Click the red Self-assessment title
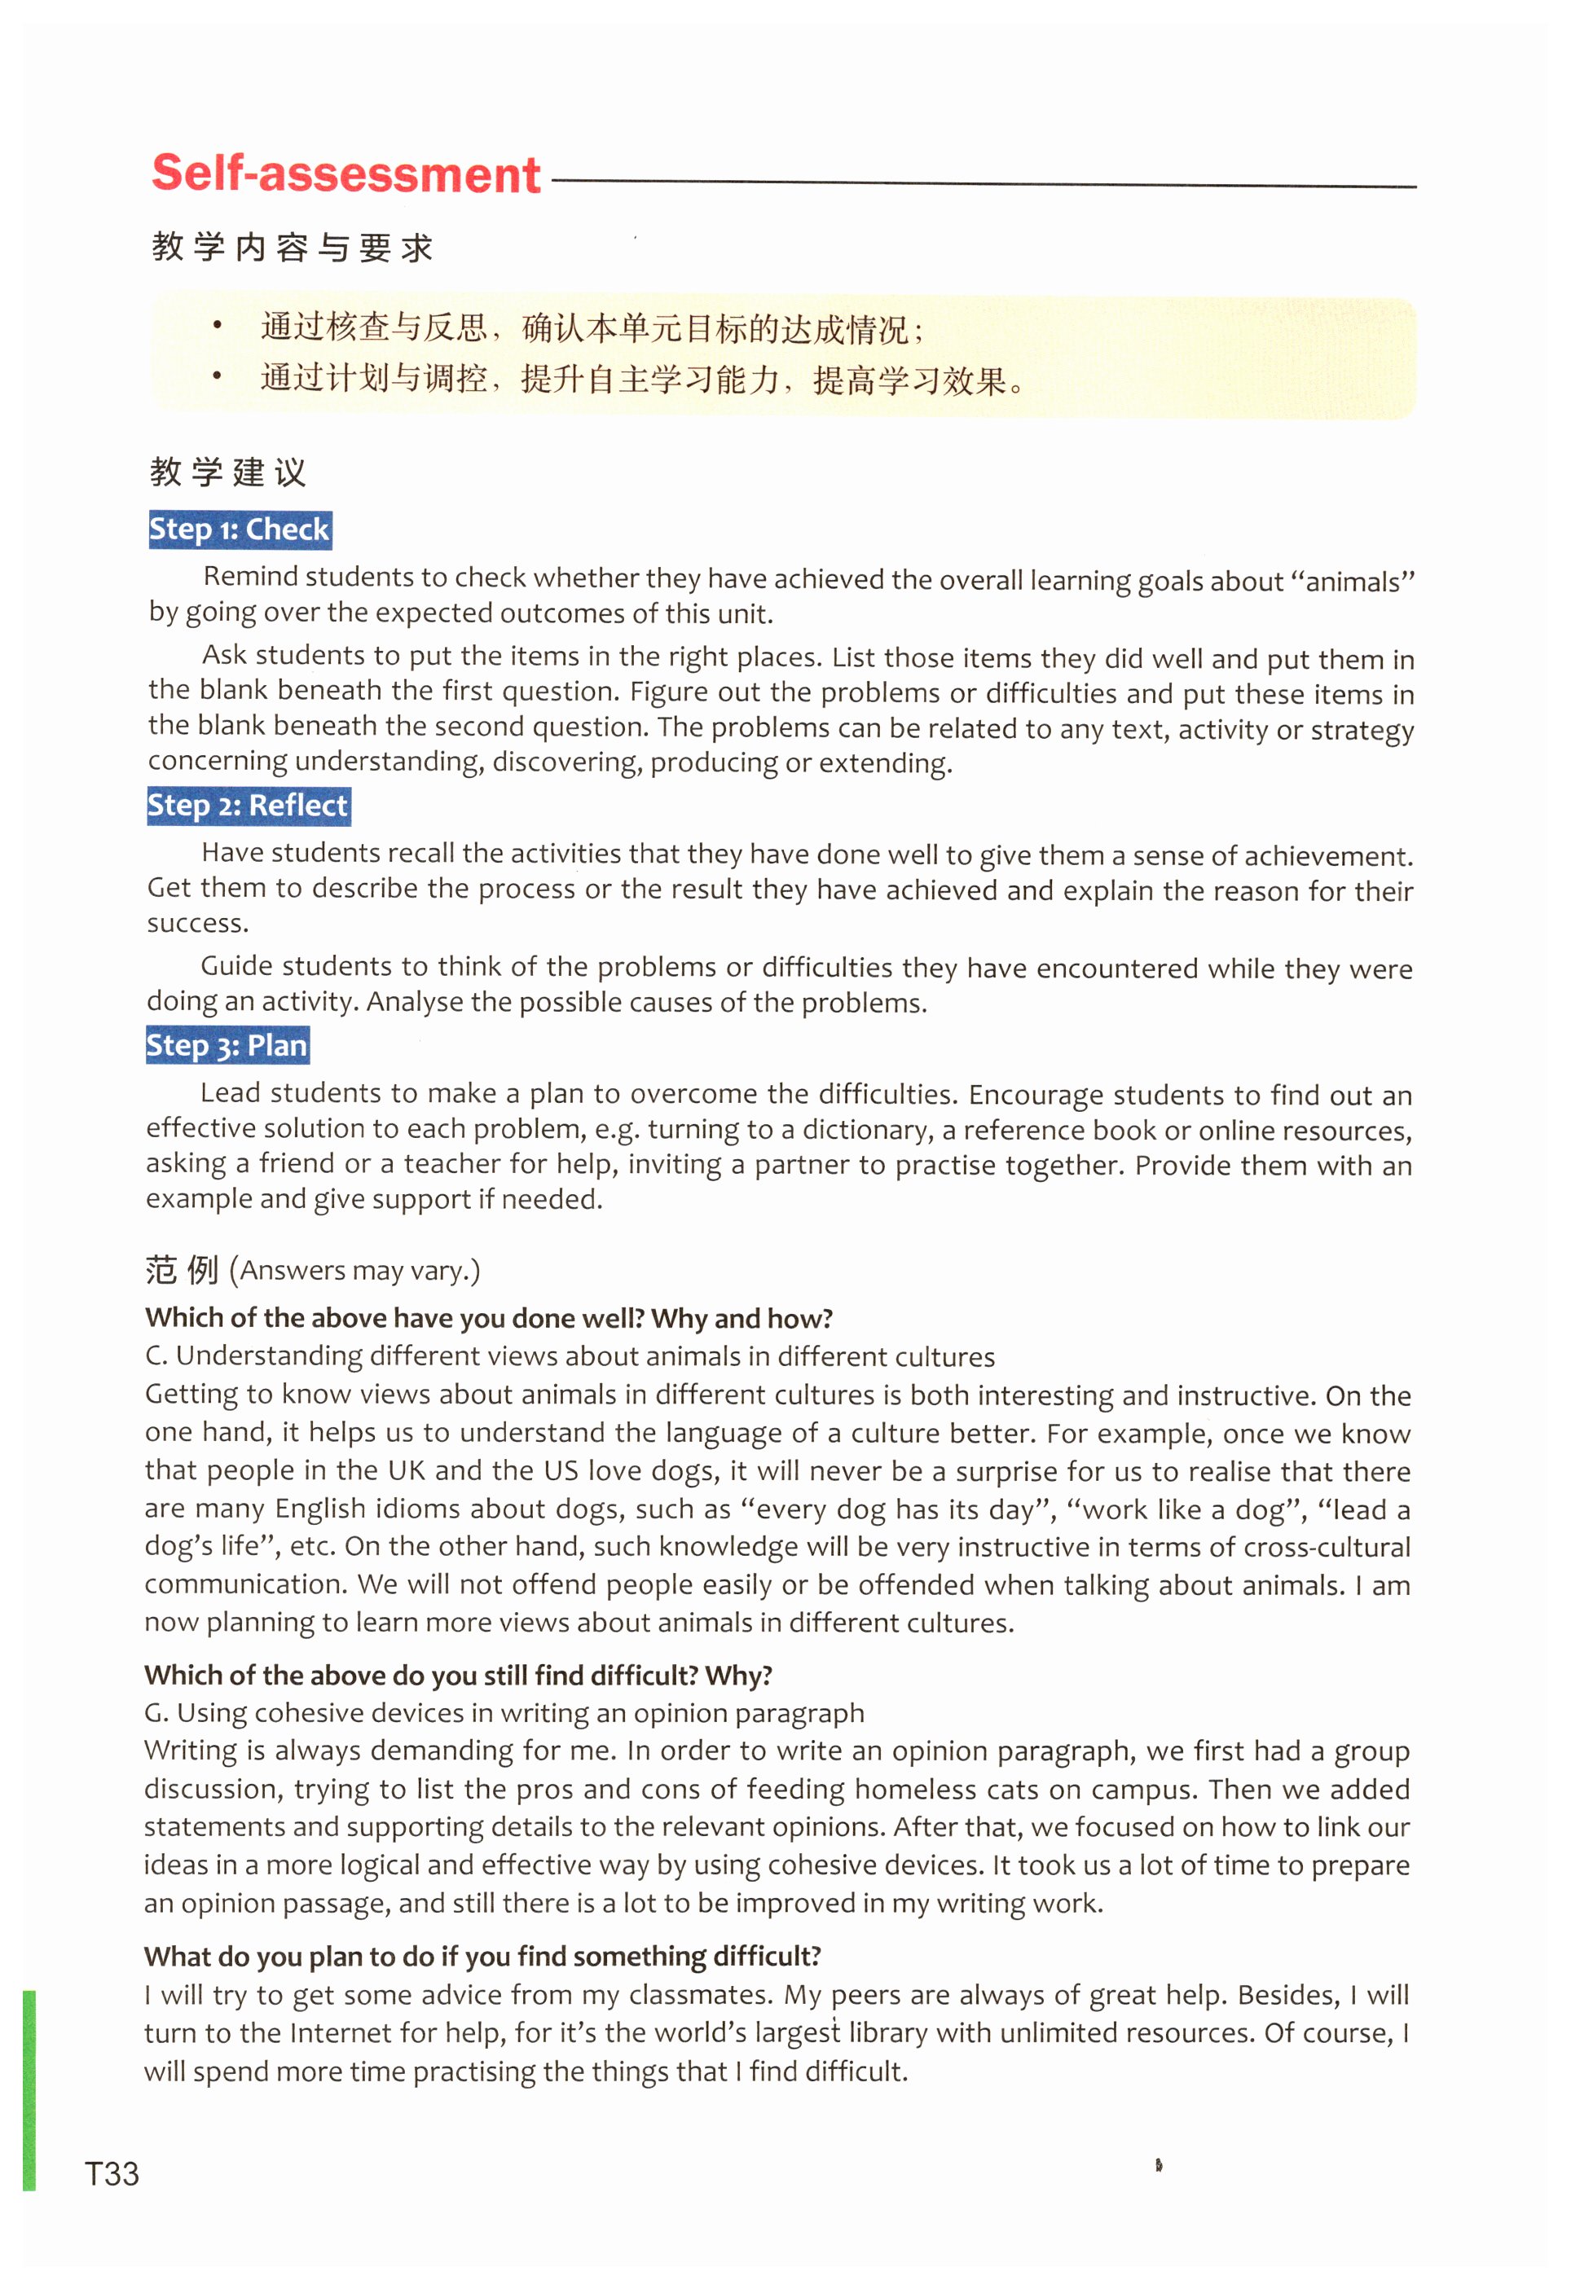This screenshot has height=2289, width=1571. pyautogui.click(x=345, y=174)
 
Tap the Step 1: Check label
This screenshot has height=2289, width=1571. pyautogui.click(x=240, y=530)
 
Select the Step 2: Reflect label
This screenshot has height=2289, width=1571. pyautogui.click(x=249, y=806)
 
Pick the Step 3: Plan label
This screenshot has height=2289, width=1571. pyautogui.click(x=227, y=1045)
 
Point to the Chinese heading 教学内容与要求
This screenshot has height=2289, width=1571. pyautogui.click(x=293, y=247)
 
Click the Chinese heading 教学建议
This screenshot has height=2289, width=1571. pyautogui.click(x=228, y=472)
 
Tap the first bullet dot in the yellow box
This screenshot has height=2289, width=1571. pyautogui.click(x=218, y=326)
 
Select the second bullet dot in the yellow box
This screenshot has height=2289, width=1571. pyautogui.click(x=218, y=376)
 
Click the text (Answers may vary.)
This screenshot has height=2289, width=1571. pyautogui.click(x=354, y=1271)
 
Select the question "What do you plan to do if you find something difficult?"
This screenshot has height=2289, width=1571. pyautogui.click(x=482, y=1956)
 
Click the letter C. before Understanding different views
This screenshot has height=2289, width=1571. pyautogui.click(x=156, y=1356)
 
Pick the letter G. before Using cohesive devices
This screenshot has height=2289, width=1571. pyautogui.click(x=156, y=1713)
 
